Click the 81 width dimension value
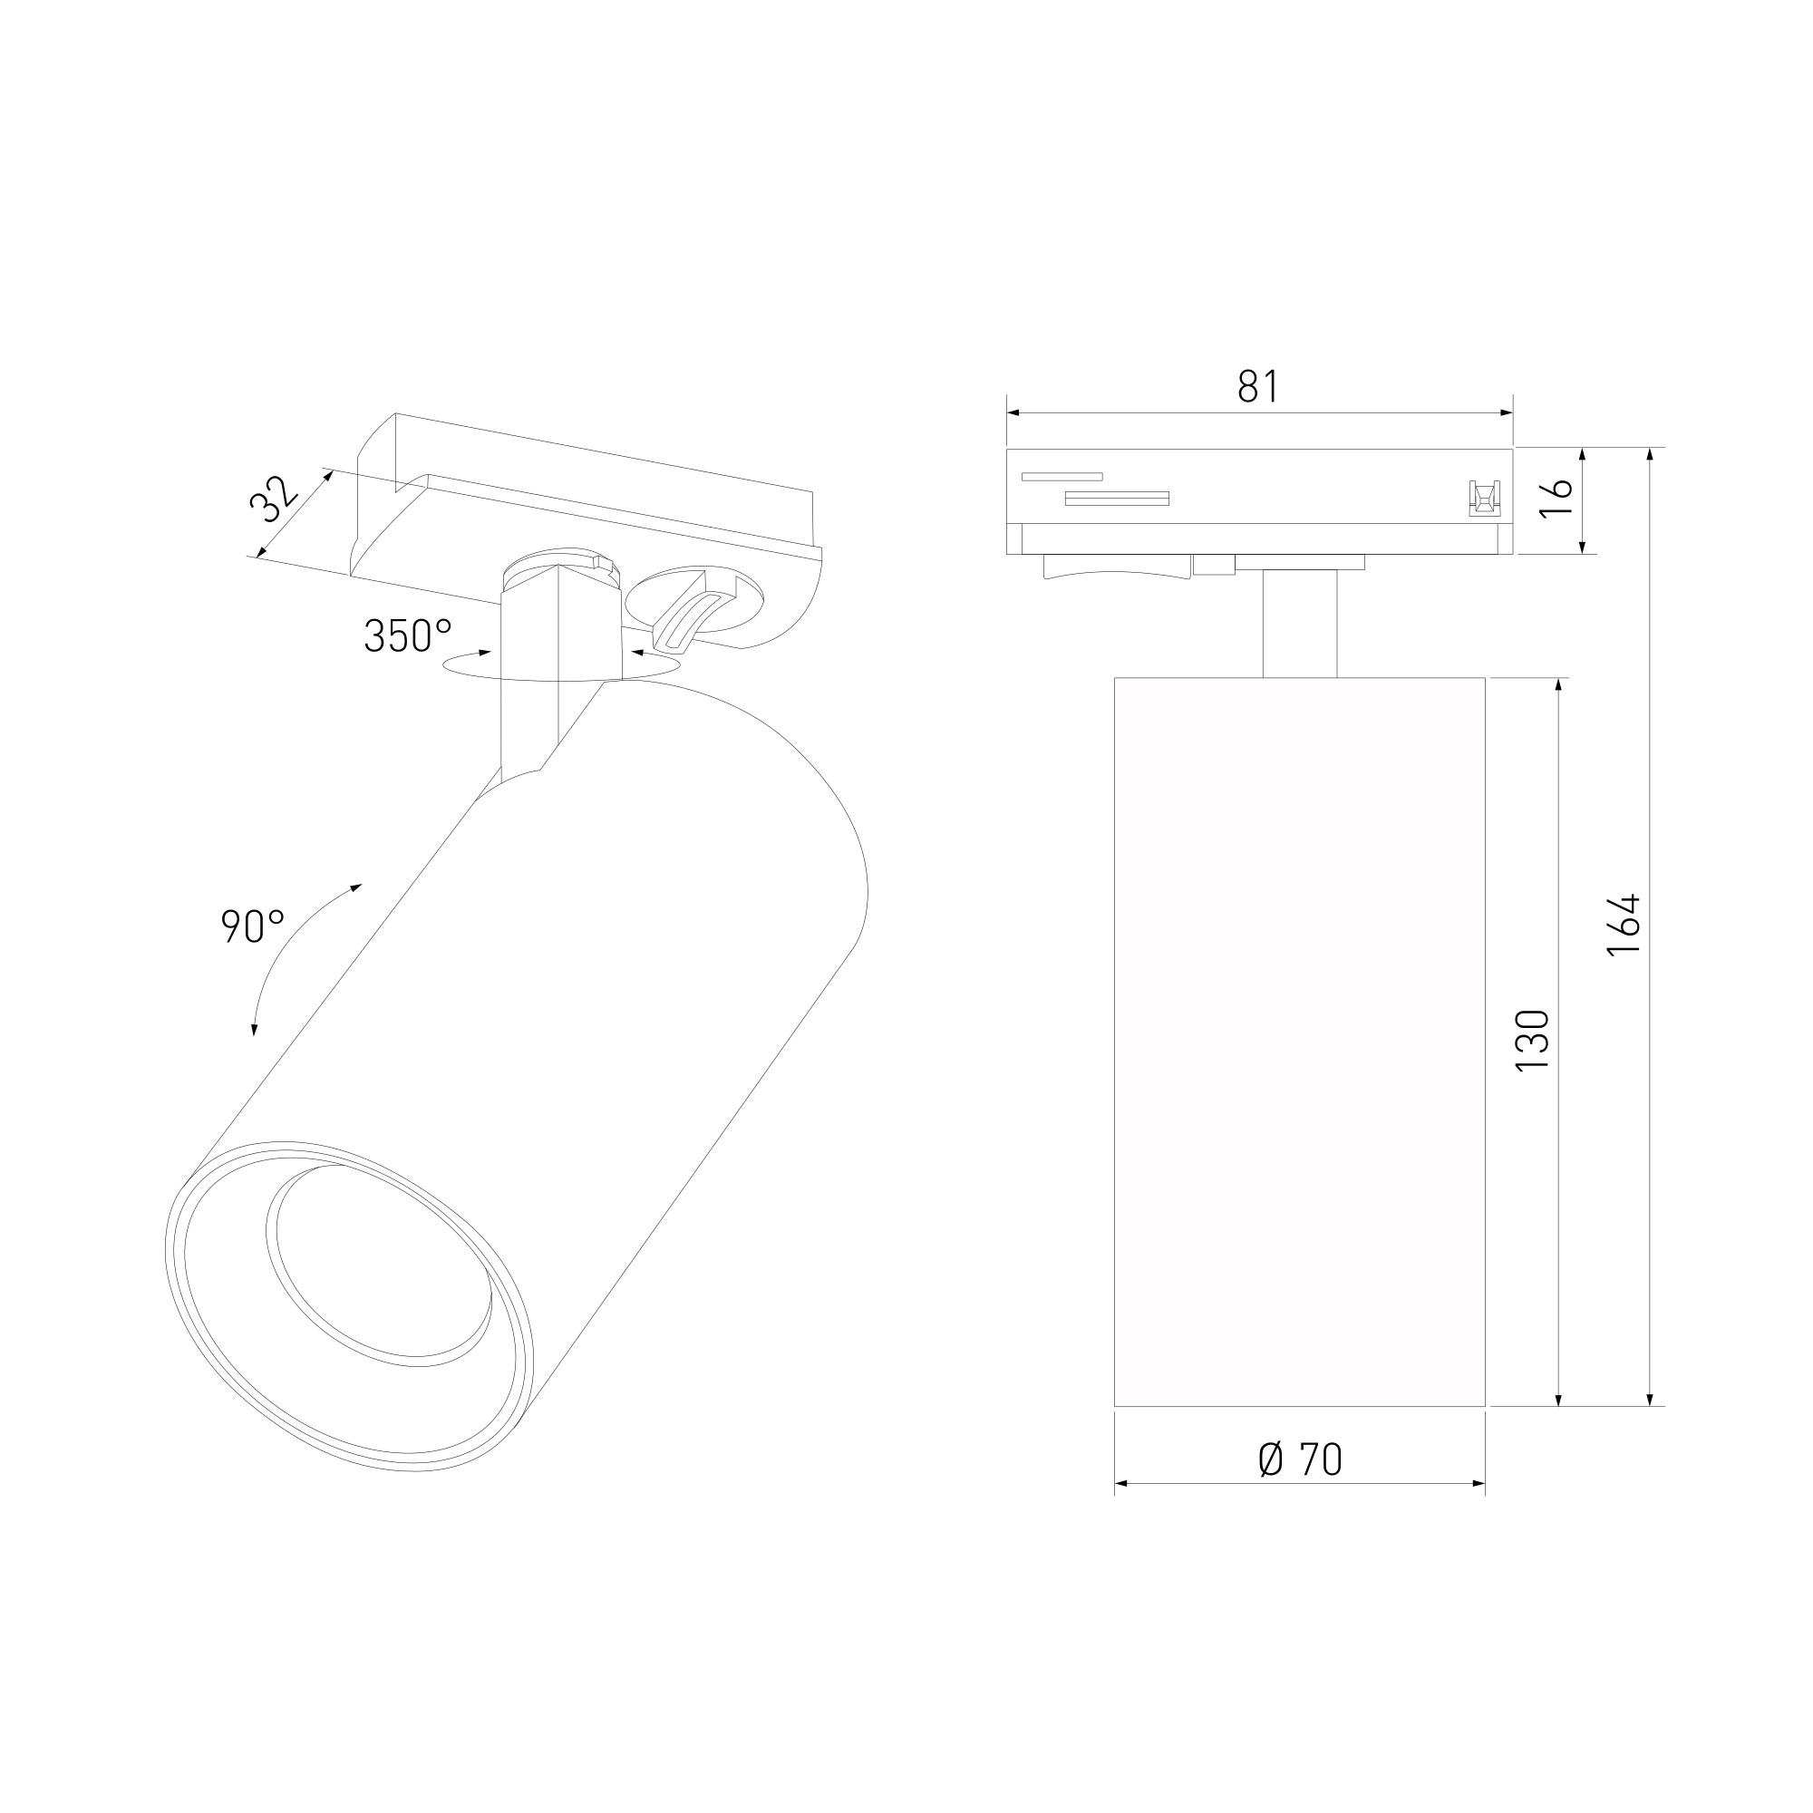click(x=1258, y=385)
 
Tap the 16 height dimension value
click(x=1556, y=497)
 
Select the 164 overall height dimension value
click(x=1624, y=925)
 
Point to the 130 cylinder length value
click(x=1532, y=1042)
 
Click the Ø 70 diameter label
click(x=1300, y=1459)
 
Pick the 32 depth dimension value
click(x=274, y=499)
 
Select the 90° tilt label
click(x=252, y=927)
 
